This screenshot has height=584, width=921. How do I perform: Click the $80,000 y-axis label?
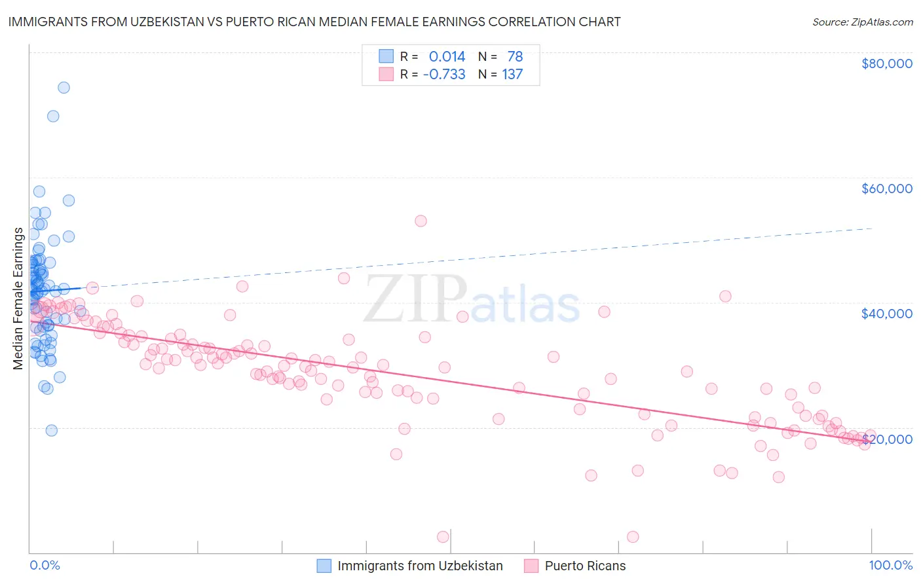click(886, 64)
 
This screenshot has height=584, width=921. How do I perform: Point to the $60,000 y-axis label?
click(886, 189)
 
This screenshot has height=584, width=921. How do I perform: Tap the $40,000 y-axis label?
click(886, 314)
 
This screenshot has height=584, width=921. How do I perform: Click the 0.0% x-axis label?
click(45, 565)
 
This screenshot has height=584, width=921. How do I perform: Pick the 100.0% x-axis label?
click(890, 565)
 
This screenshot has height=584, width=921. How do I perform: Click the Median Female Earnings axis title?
click(18, 299)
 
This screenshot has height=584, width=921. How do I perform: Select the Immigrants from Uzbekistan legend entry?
click(420, 566)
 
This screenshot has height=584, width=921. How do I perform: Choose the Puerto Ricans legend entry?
click(585, 566)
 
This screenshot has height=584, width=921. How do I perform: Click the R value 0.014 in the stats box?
click(447, 56)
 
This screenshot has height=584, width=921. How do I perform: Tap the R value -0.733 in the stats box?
click(444, 74)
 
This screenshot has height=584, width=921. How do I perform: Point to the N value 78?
click(515, 56)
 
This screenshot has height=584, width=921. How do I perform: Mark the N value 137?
click(512, 74)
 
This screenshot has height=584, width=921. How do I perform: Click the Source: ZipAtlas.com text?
click(862, 22)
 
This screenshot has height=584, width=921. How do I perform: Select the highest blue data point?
click(64, 88)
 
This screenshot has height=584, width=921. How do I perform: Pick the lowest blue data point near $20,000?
click(51, 430)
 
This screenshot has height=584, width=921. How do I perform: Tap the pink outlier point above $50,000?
click(421, 221)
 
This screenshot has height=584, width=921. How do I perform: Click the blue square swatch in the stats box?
click(386, 56)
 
